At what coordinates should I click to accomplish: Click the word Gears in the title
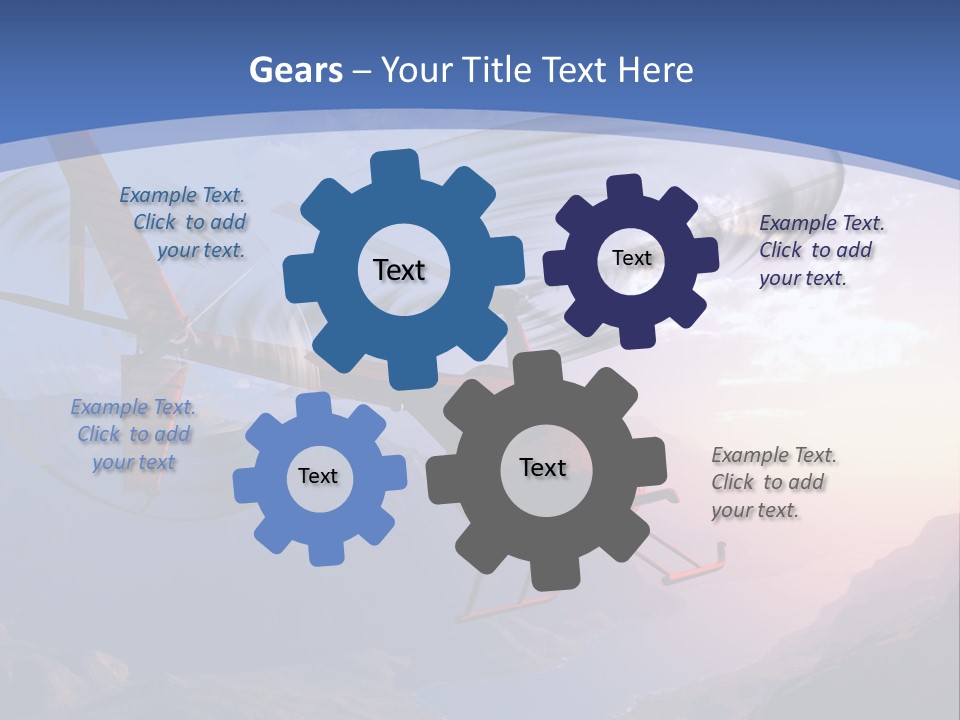pyautogui.click(x=295, y=70)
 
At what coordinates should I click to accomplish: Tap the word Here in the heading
pyautogui.click(x=655, y=70)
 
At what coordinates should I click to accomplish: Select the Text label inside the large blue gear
pyautogui.click(x=399, y=270)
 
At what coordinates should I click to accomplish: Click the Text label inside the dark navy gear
pyautogui.click(x=631, y=258)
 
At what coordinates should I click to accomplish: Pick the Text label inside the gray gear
pyautogui.click(x=543, y=467)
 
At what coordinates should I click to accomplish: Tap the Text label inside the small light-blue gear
pyautogui.click(x=318, y=476)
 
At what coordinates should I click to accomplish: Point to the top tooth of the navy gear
pyautogui.click(x=625, y=188)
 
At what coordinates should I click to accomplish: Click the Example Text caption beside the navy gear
pyautogui.click(x=821, y=250)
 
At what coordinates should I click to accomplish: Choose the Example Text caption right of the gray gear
pyautogui.click(x=773, y=482)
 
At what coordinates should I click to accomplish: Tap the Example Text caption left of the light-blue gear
pyautogui.click(x=133, y=434)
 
